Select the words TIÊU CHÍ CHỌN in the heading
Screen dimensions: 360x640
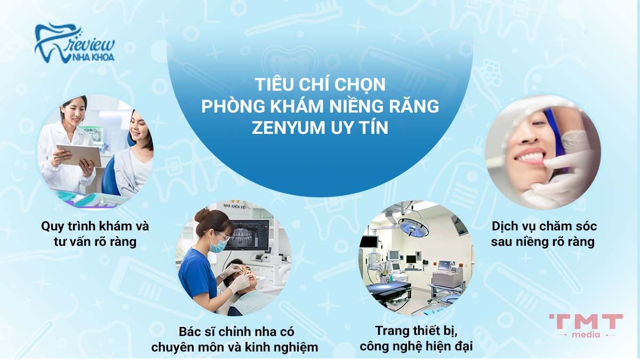point(319,85)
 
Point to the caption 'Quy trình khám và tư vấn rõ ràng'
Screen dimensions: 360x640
point(95,234)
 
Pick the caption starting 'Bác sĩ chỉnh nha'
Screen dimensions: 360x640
point(235,339)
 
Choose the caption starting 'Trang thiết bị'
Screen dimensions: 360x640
point(416,339)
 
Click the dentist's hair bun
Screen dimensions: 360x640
point(202,215)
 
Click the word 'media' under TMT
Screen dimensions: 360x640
point(586,334)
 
